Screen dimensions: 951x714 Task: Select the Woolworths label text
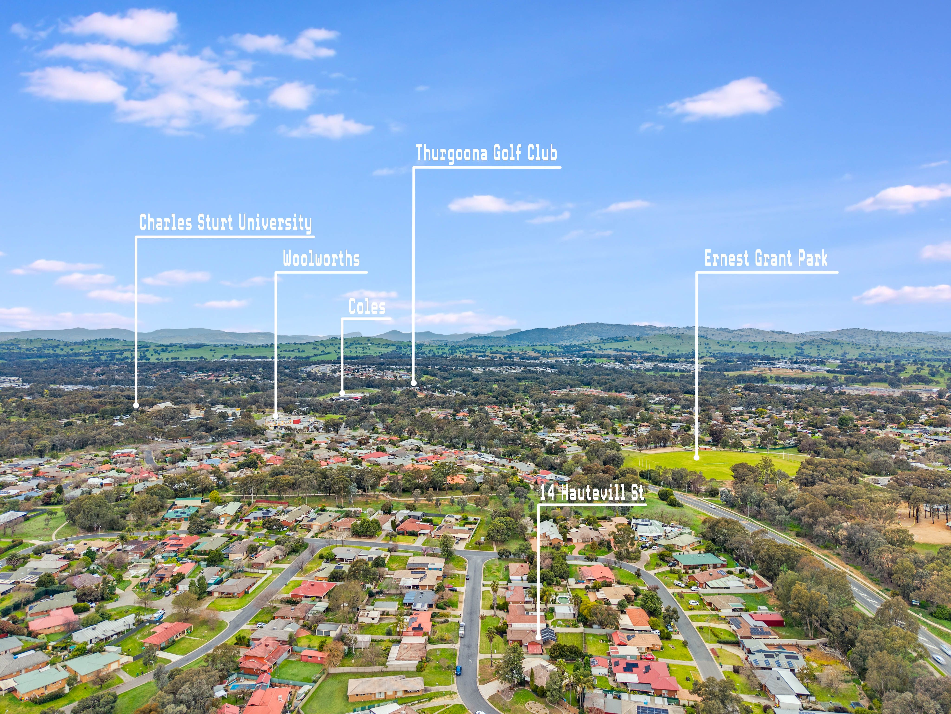pos(321,259)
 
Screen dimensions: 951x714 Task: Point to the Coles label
pos(367,307)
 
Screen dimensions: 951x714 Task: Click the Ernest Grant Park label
pos(766,258)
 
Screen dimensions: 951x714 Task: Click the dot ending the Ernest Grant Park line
pos(697,457)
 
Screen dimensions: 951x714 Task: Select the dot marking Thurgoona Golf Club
pos(414,383)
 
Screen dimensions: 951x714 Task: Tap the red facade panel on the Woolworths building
pos(297,419)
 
